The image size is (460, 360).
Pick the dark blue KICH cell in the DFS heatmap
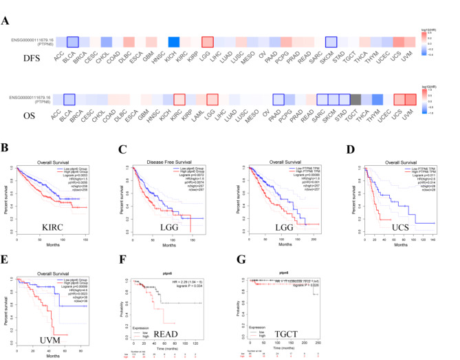coord(175,42)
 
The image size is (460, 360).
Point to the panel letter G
coord(241,242)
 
